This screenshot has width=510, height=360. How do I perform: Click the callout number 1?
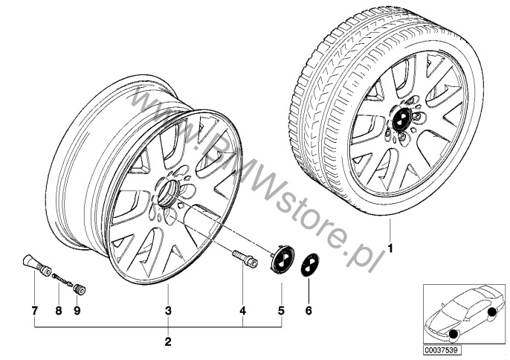(x=390, y=248)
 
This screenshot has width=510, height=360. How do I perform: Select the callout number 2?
(x=168, y=341)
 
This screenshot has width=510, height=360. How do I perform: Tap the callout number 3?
(x=168, y=310)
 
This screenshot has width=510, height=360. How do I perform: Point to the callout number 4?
(x=242, y=310)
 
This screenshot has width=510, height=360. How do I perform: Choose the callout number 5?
(x=281, y=310)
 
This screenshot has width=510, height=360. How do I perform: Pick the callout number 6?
(x=309, y=310)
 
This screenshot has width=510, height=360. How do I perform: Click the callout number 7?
(x=35, y=310)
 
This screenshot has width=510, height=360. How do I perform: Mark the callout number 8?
(x=59, y=310)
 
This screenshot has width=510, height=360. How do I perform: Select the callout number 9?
(x=77, y=310)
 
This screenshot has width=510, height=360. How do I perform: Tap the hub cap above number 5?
(x=282, y=260)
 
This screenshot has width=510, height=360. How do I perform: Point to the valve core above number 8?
(x=62, y=280)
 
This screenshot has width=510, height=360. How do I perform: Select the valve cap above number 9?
(x=80, y=289)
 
